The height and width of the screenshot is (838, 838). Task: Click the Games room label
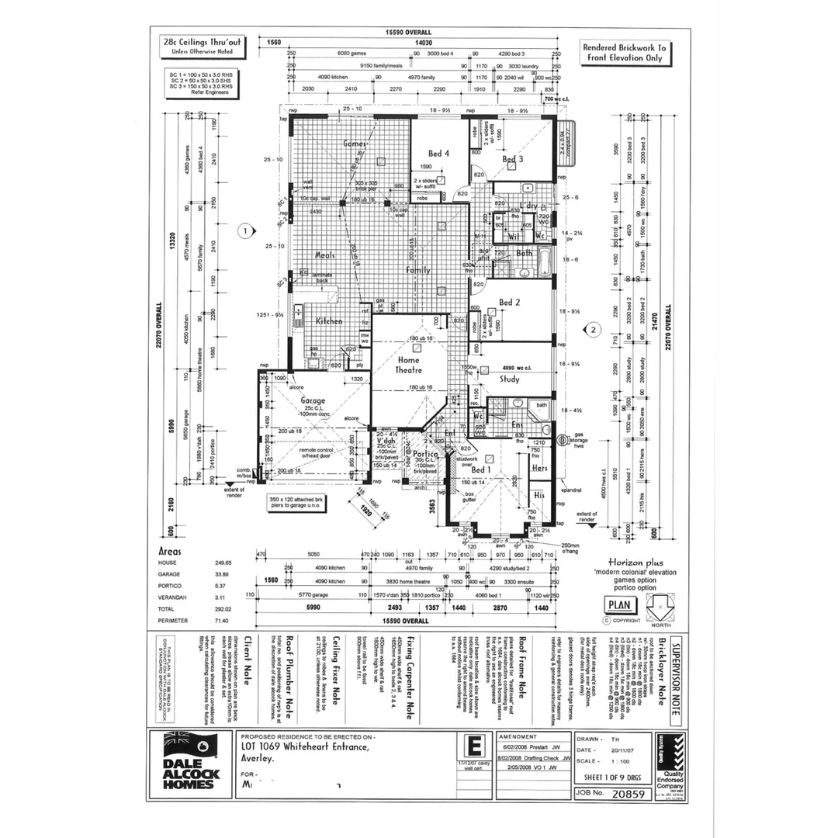pyautogui.click(x=354, y=144)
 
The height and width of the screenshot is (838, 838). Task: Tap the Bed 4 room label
pyautogui.click(x=438, y=154)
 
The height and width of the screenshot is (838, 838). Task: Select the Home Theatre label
pyautogui.click(x=408, y=365)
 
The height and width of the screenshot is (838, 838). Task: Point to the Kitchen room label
pyautogui.click(x=329, y=320)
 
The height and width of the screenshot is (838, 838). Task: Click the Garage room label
pyautogui.click(x=313, y=401)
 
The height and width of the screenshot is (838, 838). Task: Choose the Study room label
pyautogui.click(x=509, y=379)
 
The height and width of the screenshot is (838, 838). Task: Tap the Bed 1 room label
pyautogui.click(x=480, y=470)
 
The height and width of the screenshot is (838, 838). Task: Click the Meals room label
pyautogui.click(x=324, y=255)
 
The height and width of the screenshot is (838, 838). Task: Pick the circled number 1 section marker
pyautogui.click(x=245, y=230)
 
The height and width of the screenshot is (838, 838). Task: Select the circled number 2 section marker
pyautogui.click(x=594, y=329)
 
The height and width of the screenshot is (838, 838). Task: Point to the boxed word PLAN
pyautogui.click(x=618, y=604)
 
